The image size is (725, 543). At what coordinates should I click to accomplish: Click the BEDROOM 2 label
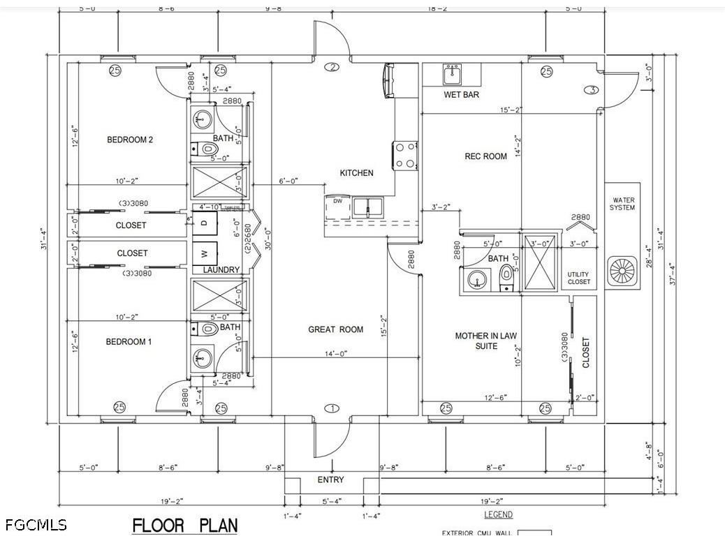(x=129, y=140)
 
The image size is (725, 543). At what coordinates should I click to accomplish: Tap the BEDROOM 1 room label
(x=129, y=341)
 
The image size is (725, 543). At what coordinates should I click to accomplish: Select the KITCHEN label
(x=356, y=173)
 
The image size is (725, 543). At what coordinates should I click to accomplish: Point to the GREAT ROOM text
(x=336, y=329)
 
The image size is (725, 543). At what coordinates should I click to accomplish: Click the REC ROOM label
(x=485, y=156)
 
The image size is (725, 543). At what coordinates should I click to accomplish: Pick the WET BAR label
(x=461, y=95)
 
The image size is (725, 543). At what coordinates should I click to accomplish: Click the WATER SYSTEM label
(x=622, y=204)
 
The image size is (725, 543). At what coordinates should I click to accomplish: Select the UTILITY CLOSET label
(x=578, y=278)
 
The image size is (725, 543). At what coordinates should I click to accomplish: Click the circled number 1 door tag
(x=332, y=408)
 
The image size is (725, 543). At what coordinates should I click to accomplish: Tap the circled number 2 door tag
(x=332, y=67)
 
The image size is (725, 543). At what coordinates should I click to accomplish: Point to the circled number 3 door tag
(x=592, y=90)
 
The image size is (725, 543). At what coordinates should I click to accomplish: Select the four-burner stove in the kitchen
(x=404, y=155)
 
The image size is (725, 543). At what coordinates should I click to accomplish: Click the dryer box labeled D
(x=204, y=223)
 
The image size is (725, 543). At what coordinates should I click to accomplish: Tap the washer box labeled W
(x=204, y=253)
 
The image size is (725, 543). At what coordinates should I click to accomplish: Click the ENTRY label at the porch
(x=330, y=480)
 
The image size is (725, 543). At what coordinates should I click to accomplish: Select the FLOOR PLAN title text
(x=185, y=525)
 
